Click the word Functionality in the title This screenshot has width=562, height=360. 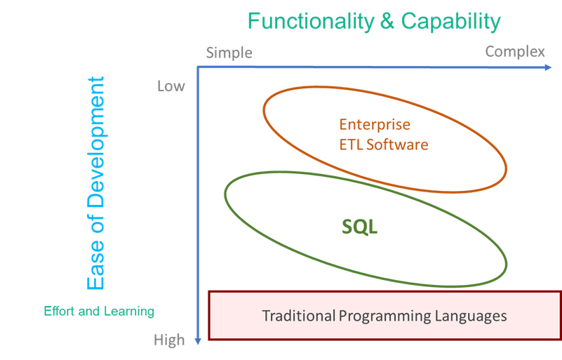311,22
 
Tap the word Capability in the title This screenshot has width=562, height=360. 451,22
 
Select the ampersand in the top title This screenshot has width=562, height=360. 387,21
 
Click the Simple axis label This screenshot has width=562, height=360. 229,53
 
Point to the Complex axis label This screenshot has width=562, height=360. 515,52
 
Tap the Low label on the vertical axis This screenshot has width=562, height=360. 171,86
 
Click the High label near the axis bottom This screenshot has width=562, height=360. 169,340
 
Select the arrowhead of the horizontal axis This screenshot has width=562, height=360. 549,67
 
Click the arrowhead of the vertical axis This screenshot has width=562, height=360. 198,341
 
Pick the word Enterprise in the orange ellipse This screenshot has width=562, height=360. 375,125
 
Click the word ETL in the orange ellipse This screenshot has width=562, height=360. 352,145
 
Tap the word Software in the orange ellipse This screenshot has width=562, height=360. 397,145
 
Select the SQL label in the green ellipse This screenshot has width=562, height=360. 359,227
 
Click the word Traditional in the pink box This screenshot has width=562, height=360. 299,316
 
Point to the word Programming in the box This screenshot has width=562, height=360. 385,316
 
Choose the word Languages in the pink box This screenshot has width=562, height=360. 471,316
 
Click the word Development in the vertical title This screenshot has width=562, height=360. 95,142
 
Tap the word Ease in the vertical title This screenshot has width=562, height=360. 95,265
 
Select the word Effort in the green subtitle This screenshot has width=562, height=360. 59,311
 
